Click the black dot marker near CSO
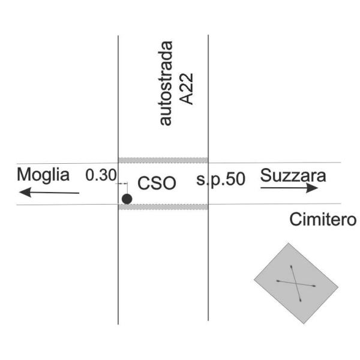point(127,199)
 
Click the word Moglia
point(43,175)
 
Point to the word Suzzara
point(293,176)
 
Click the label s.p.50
point(221,179)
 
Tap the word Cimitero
point(323,220)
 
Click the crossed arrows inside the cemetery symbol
point(296,282)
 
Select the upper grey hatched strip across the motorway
point(163,160)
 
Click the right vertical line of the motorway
point(208,270)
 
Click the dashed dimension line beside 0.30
point(123,183)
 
